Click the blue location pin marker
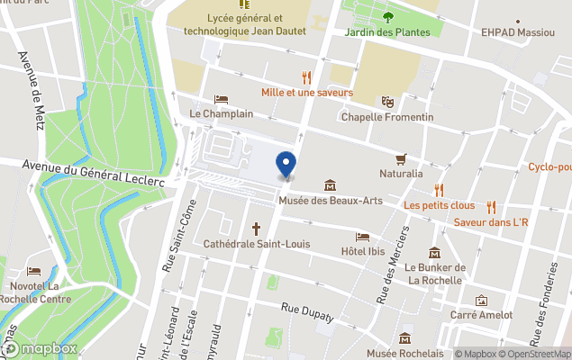pyautogui.click(x=286, y=165)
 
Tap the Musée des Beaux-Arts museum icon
pyautogui.click(x=330, y=185)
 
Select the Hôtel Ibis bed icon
pyautogui.click(x=362, y=237)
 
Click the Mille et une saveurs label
pyautogui.click(x=306, y=93)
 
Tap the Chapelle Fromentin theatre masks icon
pyautogui.click(x=387, y=103)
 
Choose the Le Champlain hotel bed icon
pyautogui.click(x=221, y=100)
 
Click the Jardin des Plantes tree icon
pyautogui.click(x=387, y=16)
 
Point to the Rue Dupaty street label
pyautogui.click(x=307, y=312)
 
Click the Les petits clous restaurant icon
pyautogui.click(x=439, y=190)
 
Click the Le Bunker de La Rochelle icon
pyautogui.click(x=435, y=253)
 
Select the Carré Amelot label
pyautogui.click(x=482, y=315)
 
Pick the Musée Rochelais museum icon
pyautogui.click(x=404, y=338)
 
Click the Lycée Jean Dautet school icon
pyautogui.click(x=244, y=4)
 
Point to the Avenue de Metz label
pyautogui.click(x=31, y=90)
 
